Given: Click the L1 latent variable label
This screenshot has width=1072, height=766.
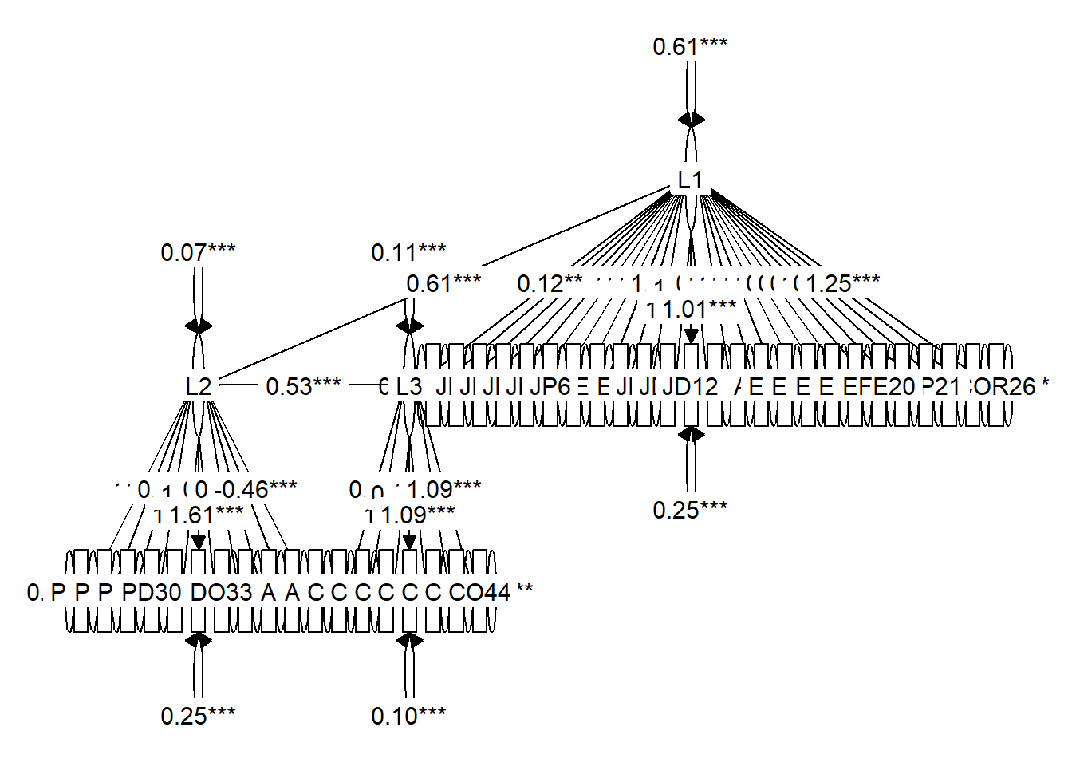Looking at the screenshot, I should click(690, 180).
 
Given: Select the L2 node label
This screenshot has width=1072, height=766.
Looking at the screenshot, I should click(199, 387).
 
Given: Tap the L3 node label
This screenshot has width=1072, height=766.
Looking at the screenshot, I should click(408, 387).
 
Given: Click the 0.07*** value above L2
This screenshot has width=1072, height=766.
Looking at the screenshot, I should click(198, 253).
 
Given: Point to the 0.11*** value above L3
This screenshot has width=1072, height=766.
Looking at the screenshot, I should click(408, 253).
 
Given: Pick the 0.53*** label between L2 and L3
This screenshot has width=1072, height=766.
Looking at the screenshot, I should click(303, 387).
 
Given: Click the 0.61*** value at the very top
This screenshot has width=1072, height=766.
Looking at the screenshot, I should click(690, 47).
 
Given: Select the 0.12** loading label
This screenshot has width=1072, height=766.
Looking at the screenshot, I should click(550, 284).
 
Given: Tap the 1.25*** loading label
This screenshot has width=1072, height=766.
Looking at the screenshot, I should click(842, 284).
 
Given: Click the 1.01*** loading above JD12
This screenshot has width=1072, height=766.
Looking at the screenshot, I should click(700, 310).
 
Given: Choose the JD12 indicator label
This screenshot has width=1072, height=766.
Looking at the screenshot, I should click(691, 387).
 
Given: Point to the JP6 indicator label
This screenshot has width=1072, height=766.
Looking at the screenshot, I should click(550, 387).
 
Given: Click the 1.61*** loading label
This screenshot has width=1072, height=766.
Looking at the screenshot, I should click(207, 515).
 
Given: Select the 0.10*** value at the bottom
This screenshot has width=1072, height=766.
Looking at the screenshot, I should click(408, 717).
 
